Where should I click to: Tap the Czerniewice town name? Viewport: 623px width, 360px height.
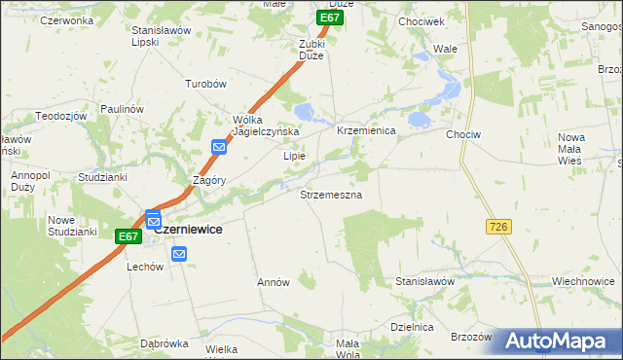tap(188, 229)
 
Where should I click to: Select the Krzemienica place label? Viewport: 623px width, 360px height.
tap(365, 130)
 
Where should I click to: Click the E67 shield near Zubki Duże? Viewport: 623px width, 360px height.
tap(331, 18)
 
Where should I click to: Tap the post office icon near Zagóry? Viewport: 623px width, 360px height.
tap(219, 147)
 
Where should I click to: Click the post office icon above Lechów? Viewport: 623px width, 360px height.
tap(178, 254)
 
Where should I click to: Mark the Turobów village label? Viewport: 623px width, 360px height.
tap(206, 84)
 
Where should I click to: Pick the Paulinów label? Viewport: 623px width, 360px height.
tap(121, 110)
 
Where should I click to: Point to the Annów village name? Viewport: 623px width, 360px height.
tap(274, 282)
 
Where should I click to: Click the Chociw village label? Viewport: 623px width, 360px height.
tap(463, 135)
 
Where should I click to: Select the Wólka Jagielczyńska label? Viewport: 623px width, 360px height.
tap(265, 126)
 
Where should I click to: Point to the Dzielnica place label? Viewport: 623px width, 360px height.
tap(411, 327)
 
